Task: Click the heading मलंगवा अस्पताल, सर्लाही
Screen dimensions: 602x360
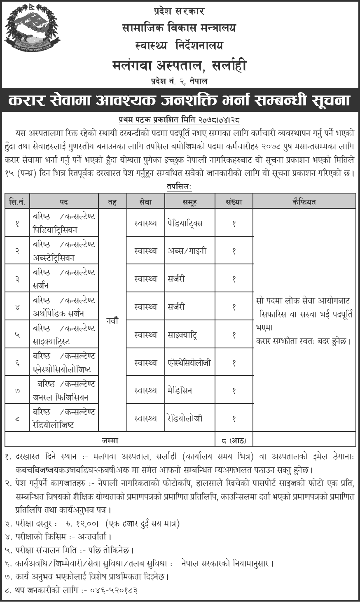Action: tap(180, 66)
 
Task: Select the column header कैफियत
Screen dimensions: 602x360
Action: tap(304, 202)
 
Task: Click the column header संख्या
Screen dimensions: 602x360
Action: tap(234, 202)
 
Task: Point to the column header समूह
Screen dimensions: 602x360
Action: tap(189, 202)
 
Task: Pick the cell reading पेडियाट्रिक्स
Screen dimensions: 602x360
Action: tap(185, 223)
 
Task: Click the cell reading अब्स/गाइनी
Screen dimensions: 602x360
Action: tap(187, 251)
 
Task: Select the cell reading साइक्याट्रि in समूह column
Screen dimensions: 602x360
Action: tap(185, 335)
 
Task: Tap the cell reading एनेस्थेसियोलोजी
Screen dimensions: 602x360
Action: tap(189, 363)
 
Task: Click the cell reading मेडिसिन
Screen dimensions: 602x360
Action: tap(180, 390)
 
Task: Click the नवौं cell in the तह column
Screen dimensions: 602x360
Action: tap(112, 321)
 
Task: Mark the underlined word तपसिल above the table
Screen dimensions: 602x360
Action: tap(180, 187)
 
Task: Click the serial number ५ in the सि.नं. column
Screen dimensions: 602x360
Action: tap(17, 335)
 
